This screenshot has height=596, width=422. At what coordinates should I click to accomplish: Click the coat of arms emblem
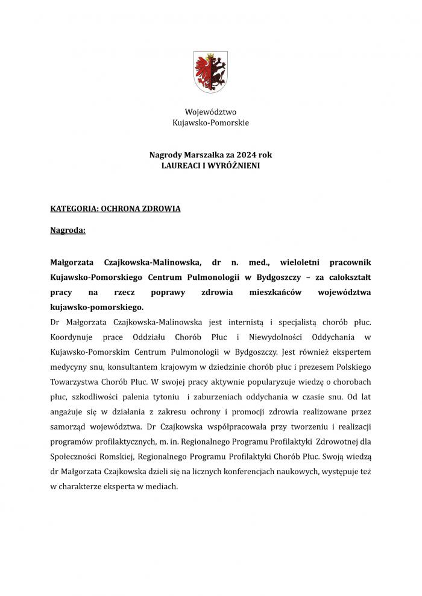click(210, 71)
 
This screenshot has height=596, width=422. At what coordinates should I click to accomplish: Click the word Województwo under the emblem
click(210, 112)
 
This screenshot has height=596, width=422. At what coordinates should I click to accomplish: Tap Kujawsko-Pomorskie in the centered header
click(210, 122)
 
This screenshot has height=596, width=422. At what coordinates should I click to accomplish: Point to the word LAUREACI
click(184, 165)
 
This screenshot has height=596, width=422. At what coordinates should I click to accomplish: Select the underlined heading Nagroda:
click(68, 230)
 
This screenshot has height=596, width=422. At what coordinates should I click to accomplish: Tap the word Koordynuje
click(74, 337)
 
